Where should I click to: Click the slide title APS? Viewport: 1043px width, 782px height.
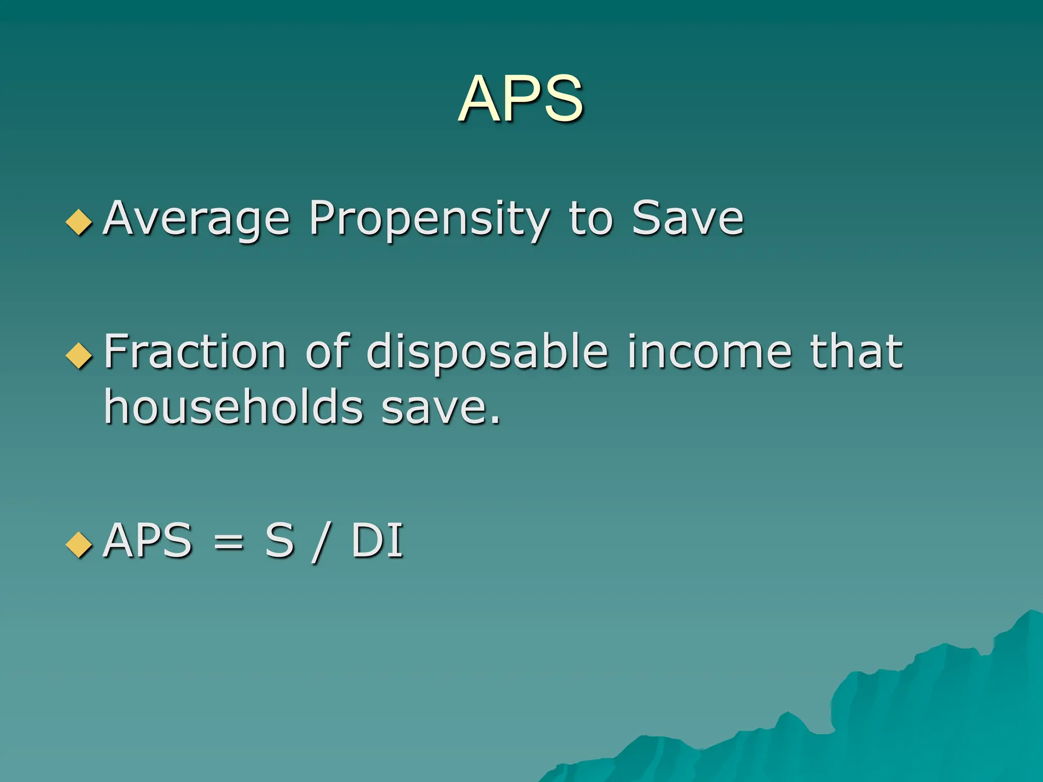coord(520,99)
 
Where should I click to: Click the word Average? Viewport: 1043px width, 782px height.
coord(197,219)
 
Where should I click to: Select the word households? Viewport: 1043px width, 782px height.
coord(234,406)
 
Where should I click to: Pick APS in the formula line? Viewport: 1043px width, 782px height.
coord(148,541)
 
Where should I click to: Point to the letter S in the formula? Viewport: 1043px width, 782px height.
coord(280,541)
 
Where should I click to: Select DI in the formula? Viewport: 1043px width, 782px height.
coord(377,541)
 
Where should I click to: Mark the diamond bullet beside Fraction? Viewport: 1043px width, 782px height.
coord(79,355)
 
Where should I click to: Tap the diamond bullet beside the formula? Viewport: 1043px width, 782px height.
coord(79,544)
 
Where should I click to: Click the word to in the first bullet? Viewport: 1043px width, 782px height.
coord(591,219)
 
